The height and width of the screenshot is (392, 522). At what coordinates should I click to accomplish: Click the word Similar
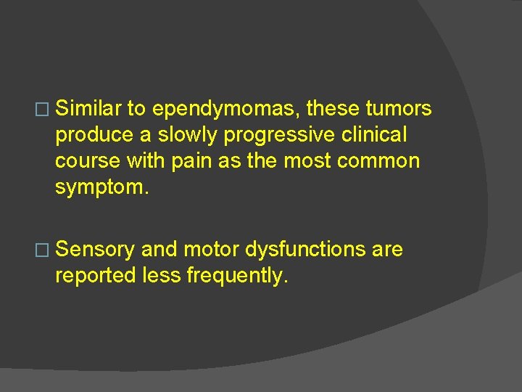click(x=88, y=109)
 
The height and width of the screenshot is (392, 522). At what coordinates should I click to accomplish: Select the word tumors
click(x=399, y=109)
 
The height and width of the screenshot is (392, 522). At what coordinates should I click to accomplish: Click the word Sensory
click(x=95, y=250)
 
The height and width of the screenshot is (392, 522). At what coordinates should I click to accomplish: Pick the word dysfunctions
click(x=305, y=250)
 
